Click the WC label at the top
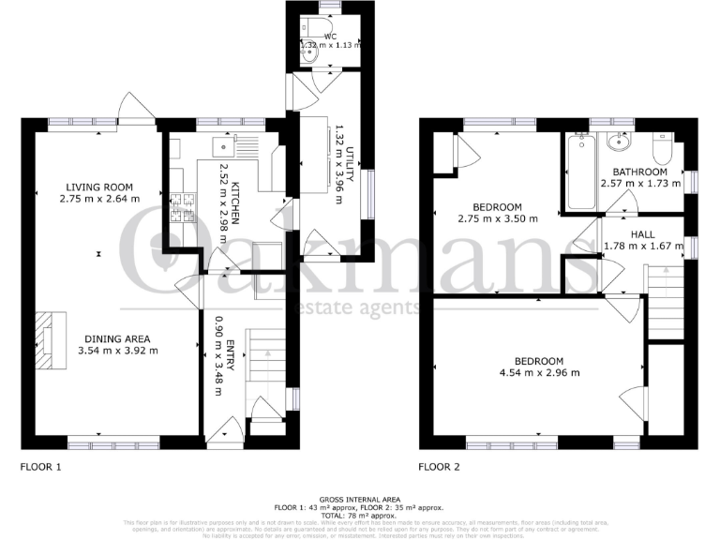330,36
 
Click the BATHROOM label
640,172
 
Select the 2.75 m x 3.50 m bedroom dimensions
498,218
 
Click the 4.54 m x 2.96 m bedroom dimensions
539,373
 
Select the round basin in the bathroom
619,143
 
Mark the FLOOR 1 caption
42,466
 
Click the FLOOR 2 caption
441,466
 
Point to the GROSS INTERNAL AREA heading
359,501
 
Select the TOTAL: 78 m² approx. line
359,515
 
